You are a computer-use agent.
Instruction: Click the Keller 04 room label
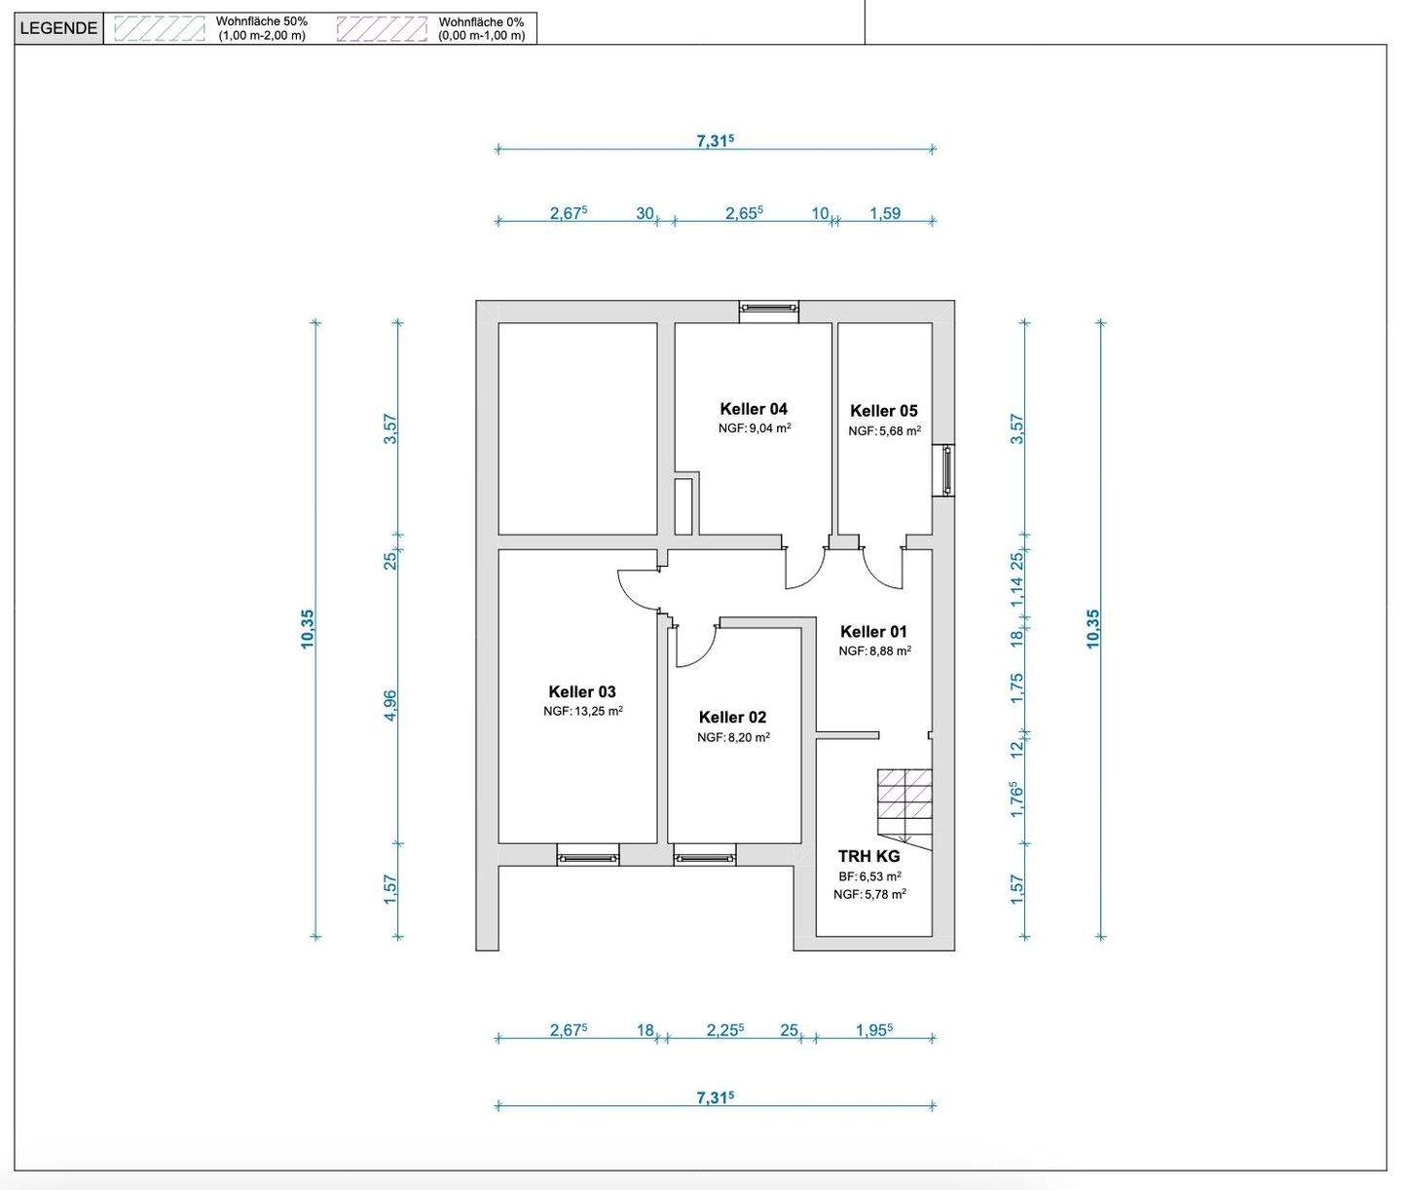pyautogui.click(x=754, y=409)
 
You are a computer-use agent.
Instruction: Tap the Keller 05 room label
pyautogui.click(x=884, y=411)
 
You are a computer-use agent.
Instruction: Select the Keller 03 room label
pyautogui.click(x=582, y=692)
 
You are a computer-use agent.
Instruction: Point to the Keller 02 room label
pyautogui.click(x=732, y=718)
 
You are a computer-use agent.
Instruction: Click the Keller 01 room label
pyautogui.click(x=873, y=632)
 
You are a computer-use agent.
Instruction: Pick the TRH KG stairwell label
pyautogui.click(x=868, y=856)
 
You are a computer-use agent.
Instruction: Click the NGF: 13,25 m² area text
pyautogui.click(x=582, y=711)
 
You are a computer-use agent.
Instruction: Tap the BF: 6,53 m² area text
pyautogui.click(x=869, y=876)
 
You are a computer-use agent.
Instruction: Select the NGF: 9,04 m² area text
pyautogui.click(x=755, y=428)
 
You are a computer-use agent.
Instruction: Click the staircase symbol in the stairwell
pyautogui.click(x=904, y=808)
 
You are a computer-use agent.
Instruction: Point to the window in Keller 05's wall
pyautogui.click(x=943, y=470)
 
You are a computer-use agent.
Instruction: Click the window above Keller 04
pyautogui.click(x=768, y=310)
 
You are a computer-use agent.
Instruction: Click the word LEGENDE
pyautogui.click(x=58, y=28)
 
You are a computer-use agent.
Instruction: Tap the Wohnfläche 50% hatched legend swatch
pyautogui.click(x=159, y=28)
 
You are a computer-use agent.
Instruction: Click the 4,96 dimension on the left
pyautogui.click(x=390, y=706)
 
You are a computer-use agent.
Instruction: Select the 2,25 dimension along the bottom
pyautogui.click(x=725, y=1030)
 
